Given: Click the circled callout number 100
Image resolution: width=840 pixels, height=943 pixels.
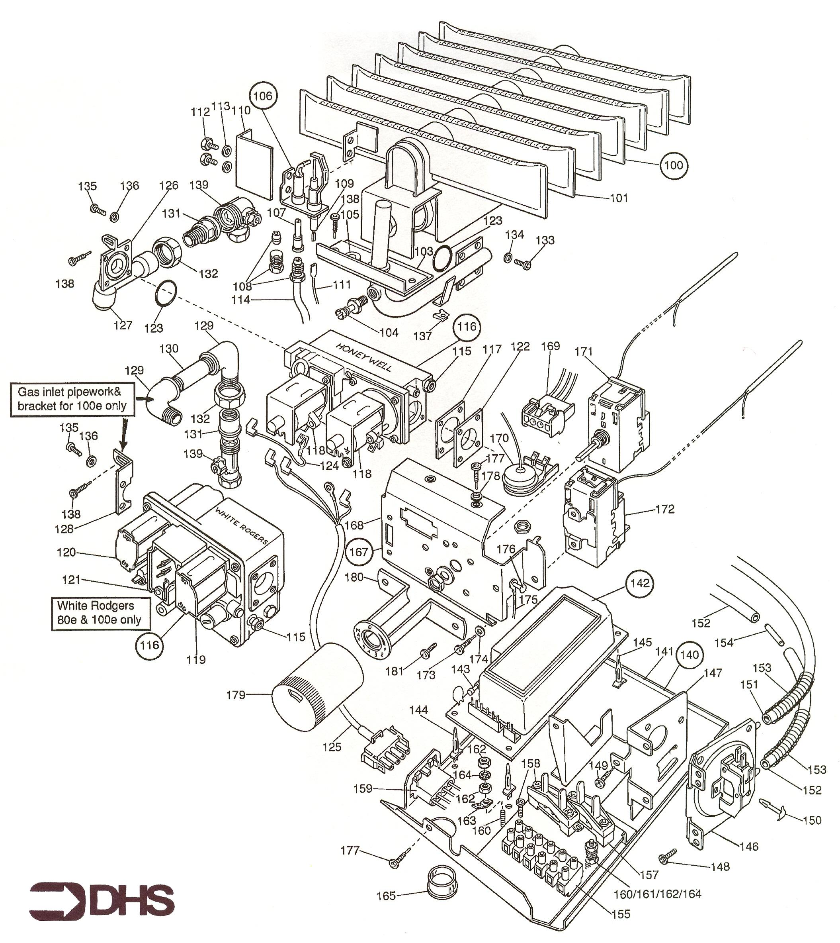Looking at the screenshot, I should pyautogui.click(x=673, y=165).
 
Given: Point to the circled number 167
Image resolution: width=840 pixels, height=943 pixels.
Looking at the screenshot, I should pyautogui.click(x=359, y=552).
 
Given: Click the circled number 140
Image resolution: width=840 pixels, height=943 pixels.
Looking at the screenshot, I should pyautogui.click(x=690, y=655).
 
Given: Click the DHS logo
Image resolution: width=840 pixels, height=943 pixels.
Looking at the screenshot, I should pyautogui.click(x=102, y=900).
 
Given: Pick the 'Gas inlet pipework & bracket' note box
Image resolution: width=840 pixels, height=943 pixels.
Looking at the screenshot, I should pyautogui.click(x=72, y=399).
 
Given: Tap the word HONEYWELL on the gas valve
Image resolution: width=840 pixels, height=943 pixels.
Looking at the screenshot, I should pyautogui.click(x=364, y=357).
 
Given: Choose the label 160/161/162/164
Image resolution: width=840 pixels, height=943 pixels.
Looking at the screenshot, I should pyautogui.click(x=657, y=894).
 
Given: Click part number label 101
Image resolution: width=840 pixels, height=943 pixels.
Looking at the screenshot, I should pyautogui.click(x=619, y=198).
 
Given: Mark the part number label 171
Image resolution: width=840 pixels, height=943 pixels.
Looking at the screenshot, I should pyautogui.click(x=583, y=351).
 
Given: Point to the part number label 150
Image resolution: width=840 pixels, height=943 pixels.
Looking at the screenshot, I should pyautogui.click(x=812, y=820).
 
